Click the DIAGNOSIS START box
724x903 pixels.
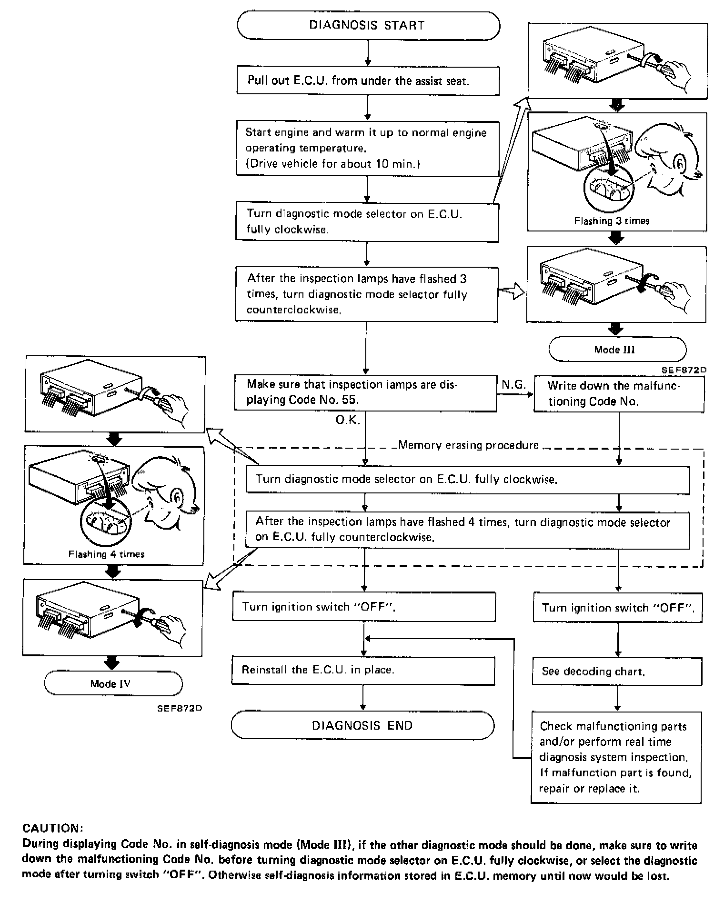(x=368, y=26)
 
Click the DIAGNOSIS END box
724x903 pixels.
(x=362, y=725)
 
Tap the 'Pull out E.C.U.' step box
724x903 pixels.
(x=368, y=80)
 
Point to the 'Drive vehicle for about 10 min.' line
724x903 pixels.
(x=332, y=164)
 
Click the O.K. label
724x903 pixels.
(x=348, y=421)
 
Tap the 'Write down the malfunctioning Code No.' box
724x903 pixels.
(x=618, y=393)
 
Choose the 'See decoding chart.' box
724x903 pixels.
(x=617, y=672)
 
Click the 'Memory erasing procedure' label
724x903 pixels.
(x=468, y=445)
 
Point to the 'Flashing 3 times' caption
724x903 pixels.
(x=612, y=221)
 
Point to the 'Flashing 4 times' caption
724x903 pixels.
(x=106, y=554)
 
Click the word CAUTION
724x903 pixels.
(x=53, y=828)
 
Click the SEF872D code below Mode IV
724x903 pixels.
(x=180, y=708)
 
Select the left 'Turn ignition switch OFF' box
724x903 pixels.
(x=363, y=607)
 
